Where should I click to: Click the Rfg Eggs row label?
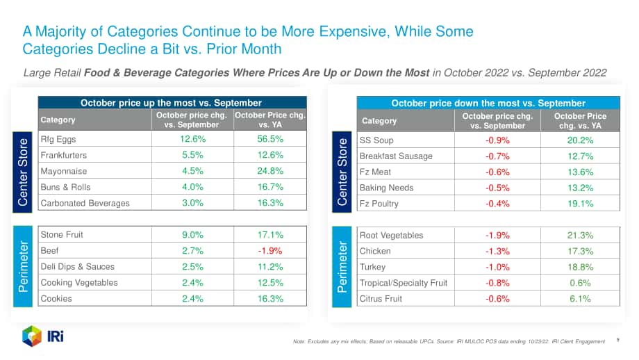58,140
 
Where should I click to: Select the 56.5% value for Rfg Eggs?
270,139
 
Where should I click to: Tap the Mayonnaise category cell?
64,171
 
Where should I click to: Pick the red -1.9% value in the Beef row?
270,251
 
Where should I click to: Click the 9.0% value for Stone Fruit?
192,235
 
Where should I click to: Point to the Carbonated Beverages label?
85,203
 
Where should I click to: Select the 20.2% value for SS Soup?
581,140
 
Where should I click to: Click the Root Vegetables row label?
391,235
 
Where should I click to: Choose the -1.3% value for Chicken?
497,252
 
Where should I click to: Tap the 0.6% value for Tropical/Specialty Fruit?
581,283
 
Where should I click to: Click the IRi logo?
42,336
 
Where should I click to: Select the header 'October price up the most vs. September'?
171,103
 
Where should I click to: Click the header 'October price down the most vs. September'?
488,103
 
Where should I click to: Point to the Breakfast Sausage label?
396,156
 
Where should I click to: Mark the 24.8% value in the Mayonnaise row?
270,171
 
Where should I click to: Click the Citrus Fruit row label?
381,299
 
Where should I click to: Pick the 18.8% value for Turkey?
581,267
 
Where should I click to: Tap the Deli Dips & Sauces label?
77,267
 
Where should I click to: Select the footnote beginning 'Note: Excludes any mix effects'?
449,341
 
